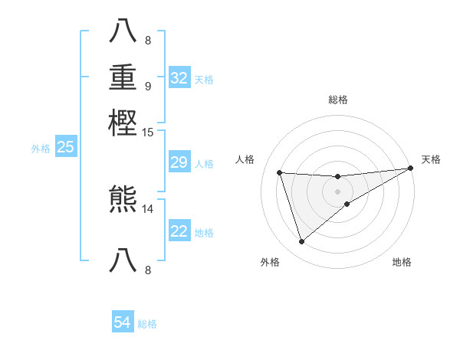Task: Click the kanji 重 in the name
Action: tap(123, 78)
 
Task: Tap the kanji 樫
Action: tap(123, 123)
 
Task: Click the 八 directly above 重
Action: tap(123, 31)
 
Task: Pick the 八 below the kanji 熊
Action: tap(123, 260)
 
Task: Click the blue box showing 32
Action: tap(179, 78)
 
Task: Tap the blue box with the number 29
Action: tap(179, 162)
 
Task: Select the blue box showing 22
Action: tap(179, 231)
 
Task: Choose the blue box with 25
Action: tap(66, 147)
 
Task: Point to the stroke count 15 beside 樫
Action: tap(148, 133)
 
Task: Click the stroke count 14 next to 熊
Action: tap(148, 208)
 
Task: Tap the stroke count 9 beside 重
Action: tap(148, 86)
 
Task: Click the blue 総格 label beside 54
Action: tap(147, 324)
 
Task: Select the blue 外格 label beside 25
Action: tap(41, 148)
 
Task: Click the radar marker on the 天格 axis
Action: tap(410, 169)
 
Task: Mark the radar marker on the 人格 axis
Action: tap(280, 172)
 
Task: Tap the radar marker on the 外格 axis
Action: tap(301, 242)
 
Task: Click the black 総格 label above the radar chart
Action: tap(338, 100)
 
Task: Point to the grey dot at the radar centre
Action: tap(338, 191)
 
